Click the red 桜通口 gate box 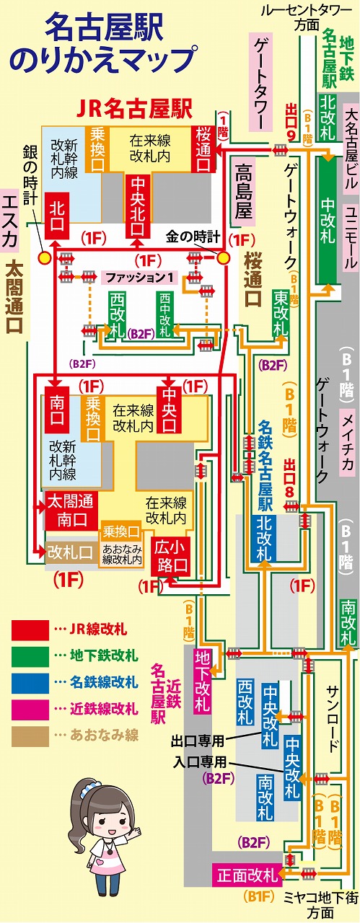[x=204, y=149]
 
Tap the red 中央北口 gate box [x=137, y=206]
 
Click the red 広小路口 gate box [x=171, y=556]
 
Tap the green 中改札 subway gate [x=328, y=220]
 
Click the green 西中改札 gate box [x=165, y=315]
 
